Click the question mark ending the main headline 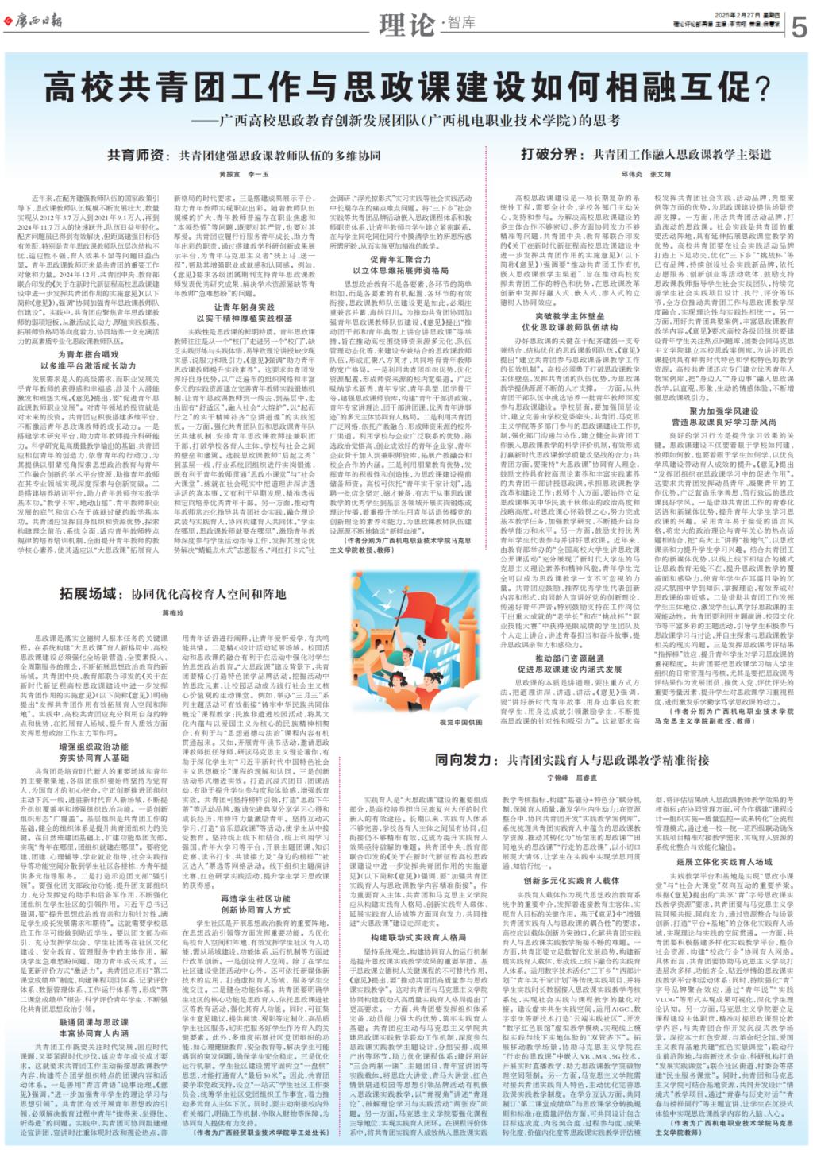tap(761, 87)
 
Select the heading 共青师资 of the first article tap(135, 156)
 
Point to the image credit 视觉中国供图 tap(460, 723)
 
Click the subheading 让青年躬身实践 tap(245, 307)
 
